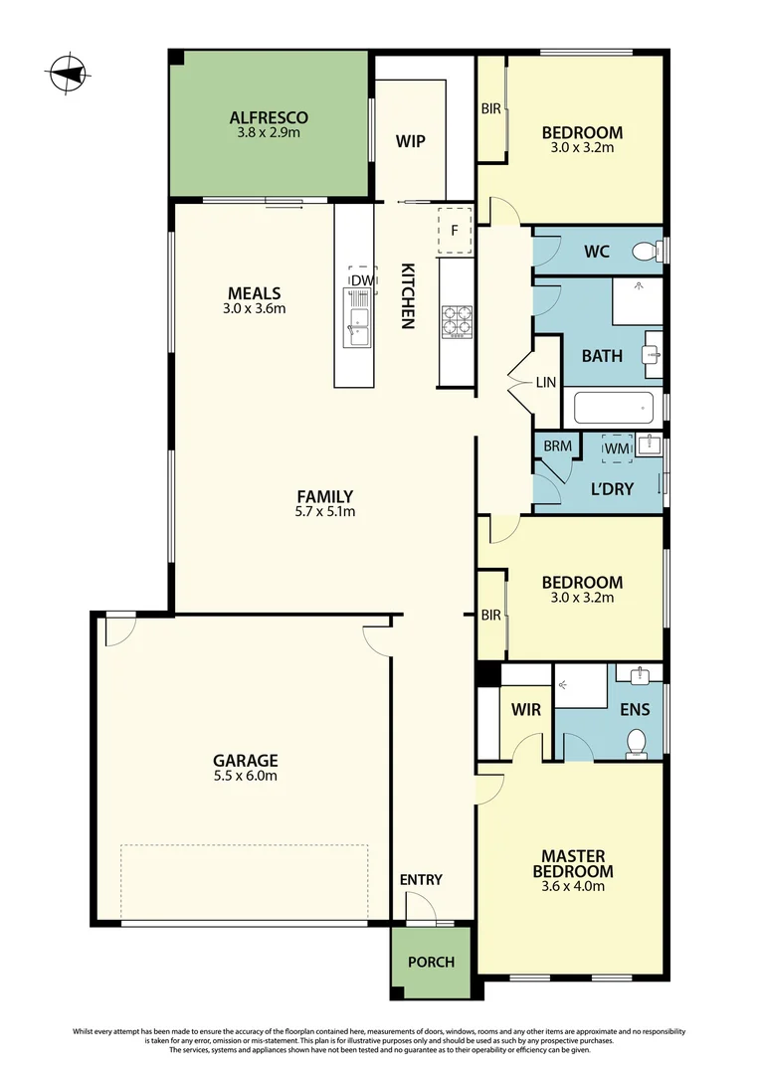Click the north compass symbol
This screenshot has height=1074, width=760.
point(68,72)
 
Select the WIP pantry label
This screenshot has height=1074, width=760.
point(411,141)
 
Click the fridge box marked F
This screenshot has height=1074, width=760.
point(455,231)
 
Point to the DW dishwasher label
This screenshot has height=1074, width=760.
point(363,280)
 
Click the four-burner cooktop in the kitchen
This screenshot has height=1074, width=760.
point(456,321)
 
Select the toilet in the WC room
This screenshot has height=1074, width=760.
point(647,251)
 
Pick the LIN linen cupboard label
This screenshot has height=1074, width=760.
point(546,382)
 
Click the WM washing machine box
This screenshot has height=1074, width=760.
point(618,448)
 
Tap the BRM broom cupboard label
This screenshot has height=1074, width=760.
point(557,447)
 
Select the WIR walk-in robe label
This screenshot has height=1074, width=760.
point(525,710)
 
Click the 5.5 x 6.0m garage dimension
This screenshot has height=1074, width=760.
point(244,776)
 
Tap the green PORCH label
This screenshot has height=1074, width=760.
point(431,962)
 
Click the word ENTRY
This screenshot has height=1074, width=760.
point(421,880)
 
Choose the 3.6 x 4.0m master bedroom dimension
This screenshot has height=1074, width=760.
point(573,887)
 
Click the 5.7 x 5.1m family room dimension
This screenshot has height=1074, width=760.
point(324,513)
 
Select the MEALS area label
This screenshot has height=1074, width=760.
point(255,293)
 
